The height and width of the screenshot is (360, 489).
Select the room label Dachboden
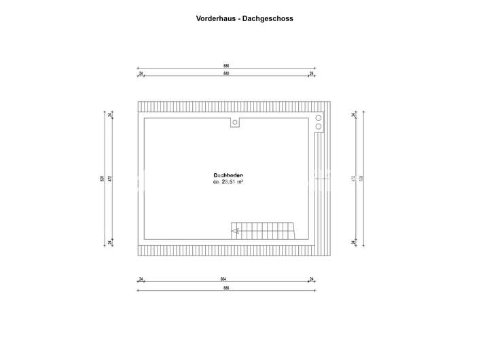[228, 176]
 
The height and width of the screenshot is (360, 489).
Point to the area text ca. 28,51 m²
[228, 182]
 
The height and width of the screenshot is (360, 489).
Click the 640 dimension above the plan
[226, 73]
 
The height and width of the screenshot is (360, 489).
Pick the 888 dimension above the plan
[226, 66]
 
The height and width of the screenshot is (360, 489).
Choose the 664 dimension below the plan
[226, 279]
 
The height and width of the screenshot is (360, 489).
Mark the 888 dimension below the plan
[226, 288]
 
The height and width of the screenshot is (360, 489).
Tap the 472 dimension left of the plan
[110, 178]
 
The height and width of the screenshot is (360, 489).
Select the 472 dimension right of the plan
[353, 178]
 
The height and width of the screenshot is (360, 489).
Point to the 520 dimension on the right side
[361, 178]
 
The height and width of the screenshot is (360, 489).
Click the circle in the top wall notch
[234, 123]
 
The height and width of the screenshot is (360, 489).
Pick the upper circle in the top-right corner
[318, 118]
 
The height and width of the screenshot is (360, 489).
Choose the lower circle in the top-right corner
[318, 126]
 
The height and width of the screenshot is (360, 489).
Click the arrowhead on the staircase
[235, 231]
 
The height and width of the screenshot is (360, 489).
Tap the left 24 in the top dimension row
[141, 73]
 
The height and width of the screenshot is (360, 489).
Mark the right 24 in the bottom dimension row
[311, 279]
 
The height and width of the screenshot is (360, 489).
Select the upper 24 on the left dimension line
[110, 115]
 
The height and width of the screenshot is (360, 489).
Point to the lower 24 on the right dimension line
[353, 242]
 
